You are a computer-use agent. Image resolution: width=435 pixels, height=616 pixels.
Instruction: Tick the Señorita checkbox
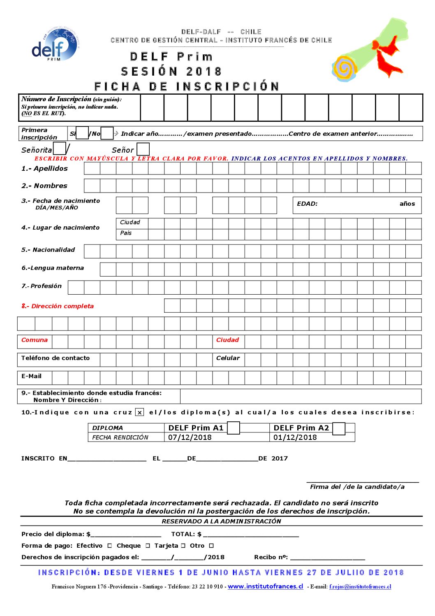click(60, 149)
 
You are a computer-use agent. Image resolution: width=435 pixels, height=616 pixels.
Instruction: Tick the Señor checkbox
click(143, 149)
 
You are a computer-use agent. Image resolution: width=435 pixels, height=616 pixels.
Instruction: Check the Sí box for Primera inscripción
click(83, 133)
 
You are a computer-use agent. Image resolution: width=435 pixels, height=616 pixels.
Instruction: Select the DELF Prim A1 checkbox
click(233, 428)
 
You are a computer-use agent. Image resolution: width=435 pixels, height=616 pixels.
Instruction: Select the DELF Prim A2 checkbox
click(339, 429)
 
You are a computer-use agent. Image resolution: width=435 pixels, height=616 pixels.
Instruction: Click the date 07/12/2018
click(190, 437)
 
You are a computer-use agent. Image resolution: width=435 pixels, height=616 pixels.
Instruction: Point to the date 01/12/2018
click(295, 437)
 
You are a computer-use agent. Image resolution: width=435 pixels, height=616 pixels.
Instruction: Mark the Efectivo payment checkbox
click(109, 546)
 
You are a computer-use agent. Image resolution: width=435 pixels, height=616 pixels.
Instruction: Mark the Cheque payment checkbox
click(148, 546)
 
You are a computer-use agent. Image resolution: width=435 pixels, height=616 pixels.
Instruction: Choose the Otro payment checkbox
click(211, 546)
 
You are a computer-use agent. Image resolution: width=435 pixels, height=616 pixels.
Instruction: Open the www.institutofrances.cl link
click(265, 586)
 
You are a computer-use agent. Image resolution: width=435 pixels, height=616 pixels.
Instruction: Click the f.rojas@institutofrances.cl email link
click(360, 587)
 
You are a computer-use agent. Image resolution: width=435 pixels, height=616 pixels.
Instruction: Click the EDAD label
click(307, 204)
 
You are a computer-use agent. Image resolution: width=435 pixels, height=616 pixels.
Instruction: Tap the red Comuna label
click(35, 340)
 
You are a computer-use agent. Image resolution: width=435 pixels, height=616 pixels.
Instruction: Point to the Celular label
click(228, 358)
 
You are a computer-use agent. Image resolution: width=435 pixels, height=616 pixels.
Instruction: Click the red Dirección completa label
click(58, 306)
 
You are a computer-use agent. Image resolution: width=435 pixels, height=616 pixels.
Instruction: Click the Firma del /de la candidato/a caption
click(357, 487)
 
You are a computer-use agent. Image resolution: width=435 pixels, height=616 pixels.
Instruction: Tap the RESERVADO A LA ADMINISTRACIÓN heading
click(221, 521)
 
